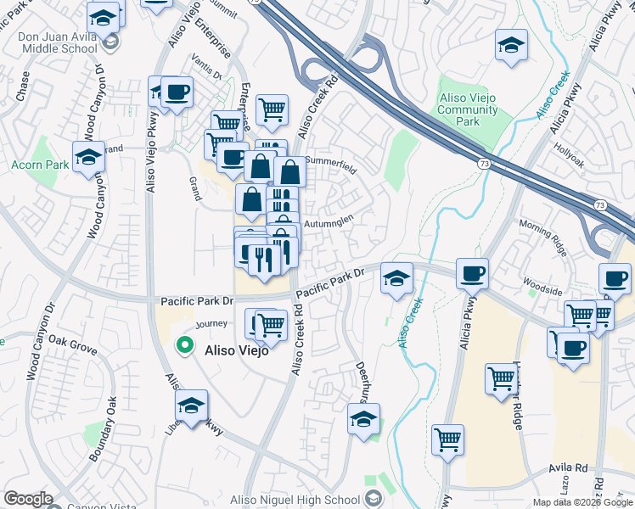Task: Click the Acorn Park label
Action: [35, 164]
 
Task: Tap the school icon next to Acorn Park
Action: [88, 158]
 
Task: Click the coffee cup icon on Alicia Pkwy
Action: [472, 274]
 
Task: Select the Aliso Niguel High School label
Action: [296, 501]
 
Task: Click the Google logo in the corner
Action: [29, 500]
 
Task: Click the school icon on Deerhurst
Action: [364, 419]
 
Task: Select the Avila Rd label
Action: [569, 467]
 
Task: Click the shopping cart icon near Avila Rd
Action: [447, 439]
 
